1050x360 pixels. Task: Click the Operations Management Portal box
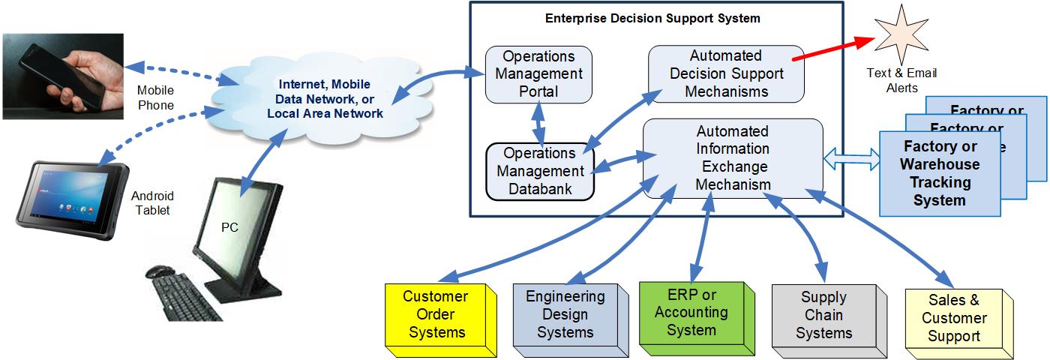538,74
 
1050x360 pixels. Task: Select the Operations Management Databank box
540,171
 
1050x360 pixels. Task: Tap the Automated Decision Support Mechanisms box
725,73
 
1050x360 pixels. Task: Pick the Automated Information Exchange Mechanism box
733,157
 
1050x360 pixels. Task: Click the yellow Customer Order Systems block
436,314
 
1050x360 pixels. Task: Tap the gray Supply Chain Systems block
823,316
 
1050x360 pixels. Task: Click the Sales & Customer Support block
954,318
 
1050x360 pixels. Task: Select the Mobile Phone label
156,97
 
